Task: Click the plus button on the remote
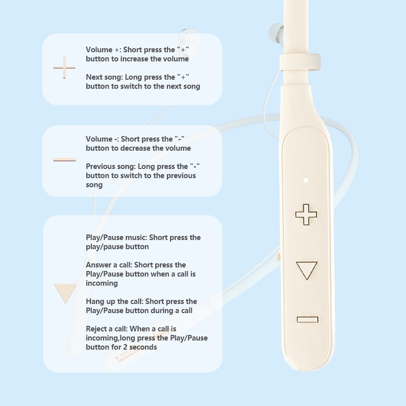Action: coord(306,214)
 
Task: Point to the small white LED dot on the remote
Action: coord(306,180)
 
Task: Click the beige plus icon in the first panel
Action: coord(64,67)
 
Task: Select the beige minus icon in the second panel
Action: coord(64,159)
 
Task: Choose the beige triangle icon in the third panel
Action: coord(65,293)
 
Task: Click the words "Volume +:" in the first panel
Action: coord(104,49)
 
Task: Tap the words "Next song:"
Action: coord(105,77)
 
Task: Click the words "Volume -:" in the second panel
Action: coord(103,139)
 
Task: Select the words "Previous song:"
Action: coord(111,166)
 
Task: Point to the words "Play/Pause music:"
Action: coord(117,238)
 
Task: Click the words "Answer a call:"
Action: coord(109,265)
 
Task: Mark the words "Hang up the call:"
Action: coord(115,301)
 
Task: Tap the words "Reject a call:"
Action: coord(107,329)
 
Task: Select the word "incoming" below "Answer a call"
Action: coord(102,283)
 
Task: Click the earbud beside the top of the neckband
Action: coord(277,33)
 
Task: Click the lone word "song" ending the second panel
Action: coord(94,185)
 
